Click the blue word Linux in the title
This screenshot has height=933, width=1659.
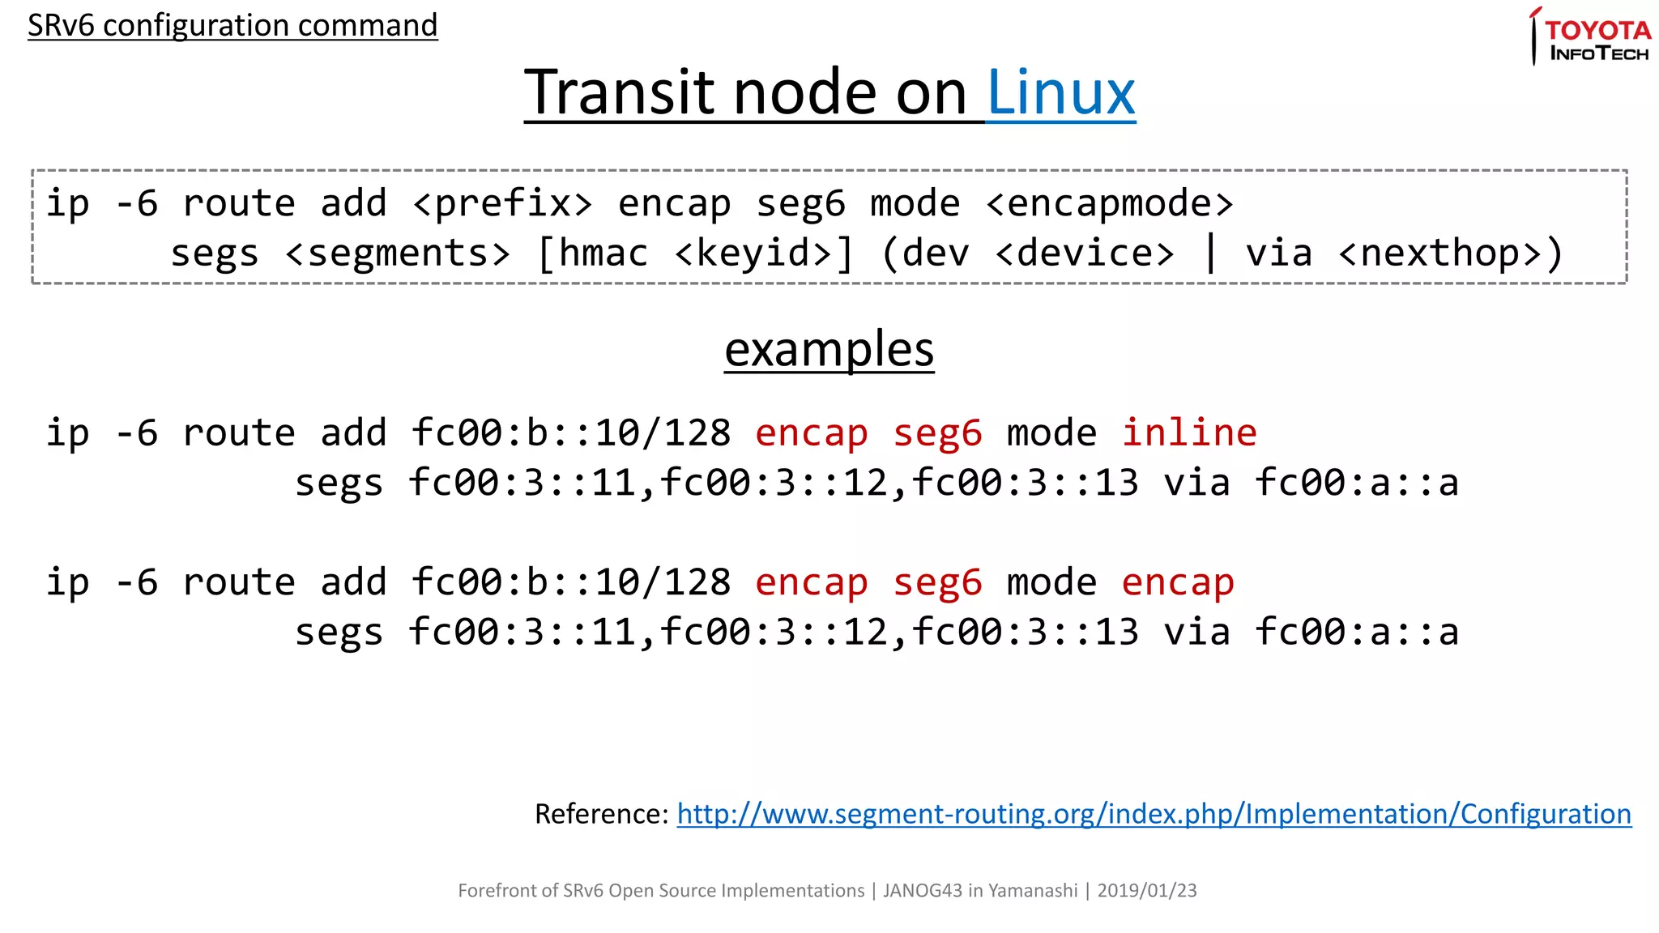[x=1060, y=92]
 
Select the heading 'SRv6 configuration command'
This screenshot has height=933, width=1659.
[x=232, y=25]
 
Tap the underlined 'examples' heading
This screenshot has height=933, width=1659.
[x=829, y=349]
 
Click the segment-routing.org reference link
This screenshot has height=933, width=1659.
[x=1154, y=813]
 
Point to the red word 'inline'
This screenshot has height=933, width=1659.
[x=1188, y=432]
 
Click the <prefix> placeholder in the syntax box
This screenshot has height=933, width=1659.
[x=502, y=203]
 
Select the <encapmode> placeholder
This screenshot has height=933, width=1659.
[x=1109, y=203]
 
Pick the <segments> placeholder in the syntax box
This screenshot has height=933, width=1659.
[x=398, y=253]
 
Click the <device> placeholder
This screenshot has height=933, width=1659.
[x=1085, y=253]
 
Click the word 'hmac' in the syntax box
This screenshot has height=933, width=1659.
[x=603, y=253]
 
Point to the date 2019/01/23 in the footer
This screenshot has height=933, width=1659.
[x=1146, y=890]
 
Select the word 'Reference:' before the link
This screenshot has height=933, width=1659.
[x=601, y=813]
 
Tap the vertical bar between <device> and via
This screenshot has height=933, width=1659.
[x=1210, y=253]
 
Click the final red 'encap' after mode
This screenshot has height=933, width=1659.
[x=1177, y=582]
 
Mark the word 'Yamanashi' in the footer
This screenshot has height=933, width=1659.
[x=1033, y=890]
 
